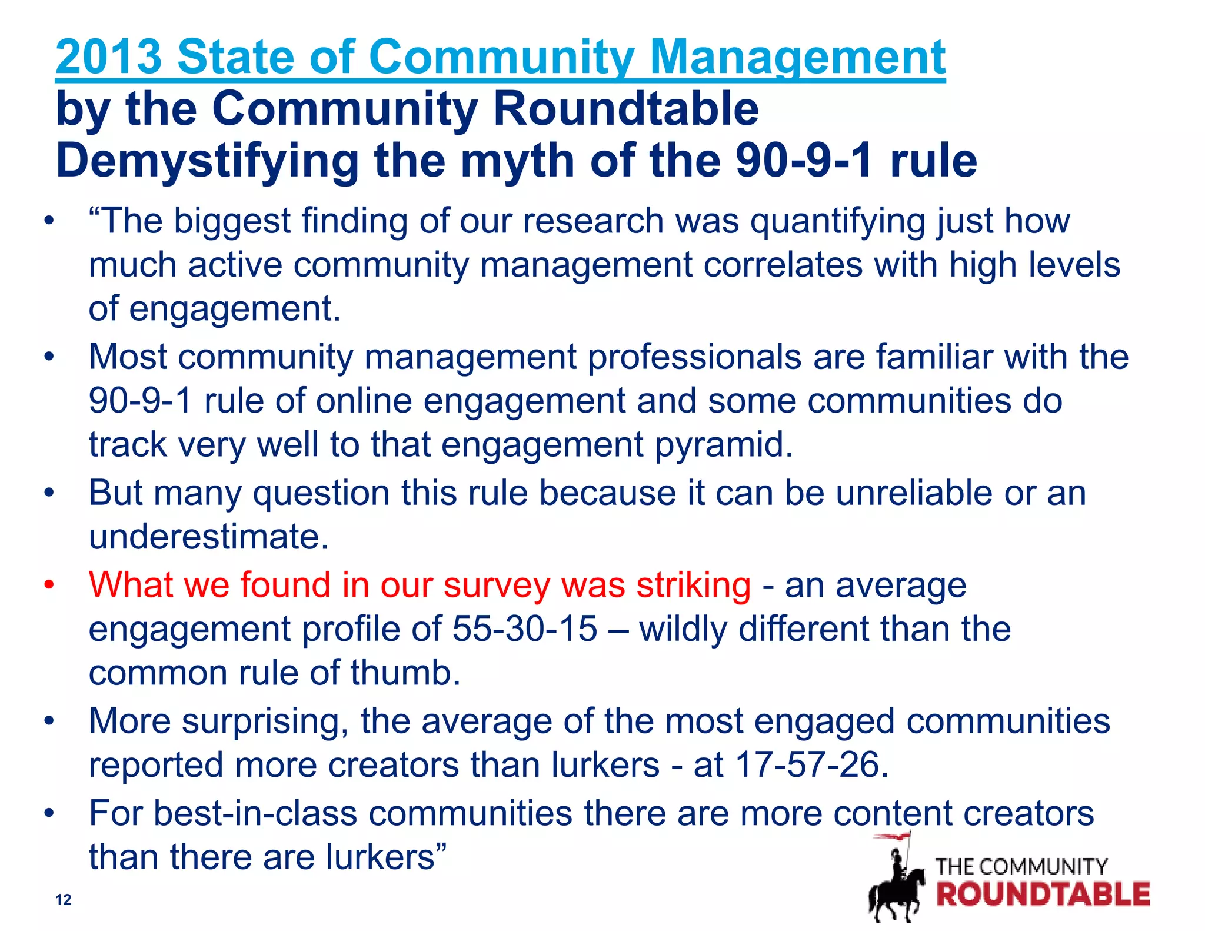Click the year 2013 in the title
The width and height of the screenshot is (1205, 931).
pos(109,57)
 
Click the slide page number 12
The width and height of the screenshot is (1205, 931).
pos(63,899)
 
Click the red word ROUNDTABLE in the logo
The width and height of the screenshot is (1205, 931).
pos(1043,895)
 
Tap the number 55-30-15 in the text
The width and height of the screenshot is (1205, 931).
pos(525,629)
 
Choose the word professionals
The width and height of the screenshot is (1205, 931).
pos(694,357)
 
